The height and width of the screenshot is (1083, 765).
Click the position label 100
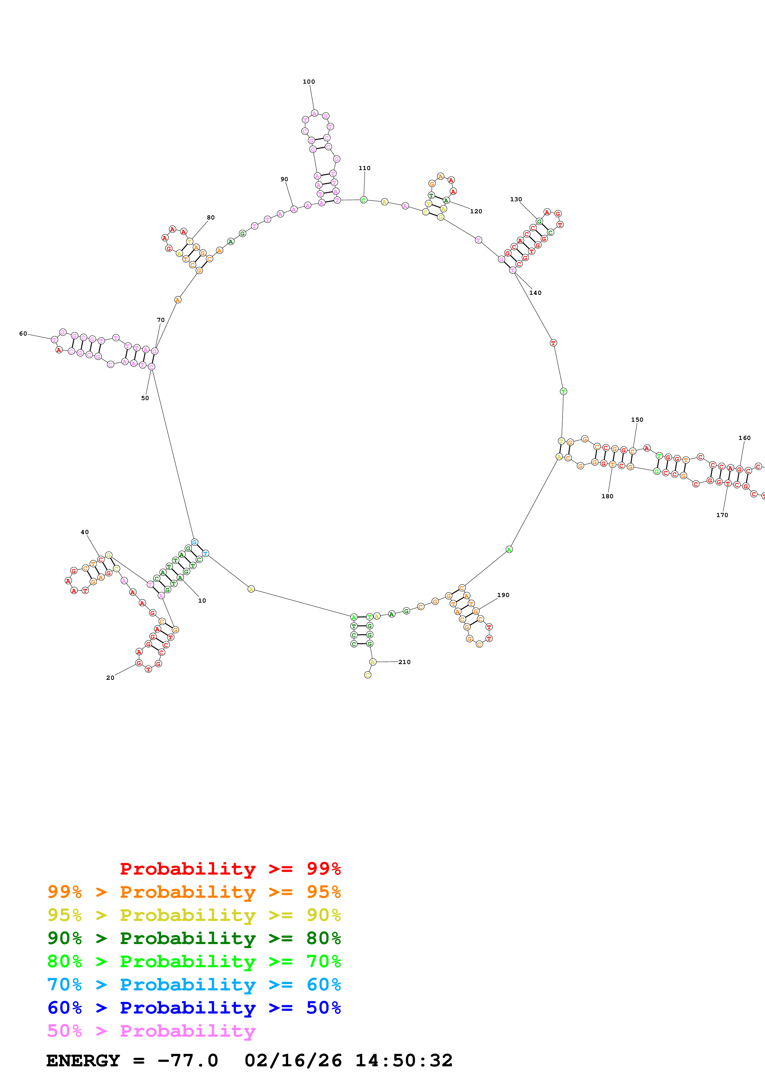309,82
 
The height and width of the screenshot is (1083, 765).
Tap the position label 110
364,168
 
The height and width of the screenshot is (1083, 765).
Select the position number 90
284,179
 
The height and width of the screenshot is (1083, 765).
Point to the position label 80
211,217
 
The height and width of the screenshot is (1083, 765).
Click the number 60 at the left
23,333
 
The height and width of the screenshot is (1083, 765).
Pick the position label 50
145,398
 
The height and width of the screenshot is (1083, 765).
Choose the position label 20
110,678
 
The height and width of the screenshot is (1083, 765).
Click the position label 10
202,600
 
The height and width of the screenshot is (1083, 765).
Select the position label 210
405,662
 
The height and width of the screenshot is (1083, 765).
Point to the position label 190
503,595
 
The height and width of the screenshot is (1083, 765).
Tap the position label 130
516,199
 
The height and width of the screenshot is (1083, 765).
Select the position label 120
476,211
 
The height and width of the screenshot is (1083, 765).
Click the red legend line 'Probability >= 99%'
230,868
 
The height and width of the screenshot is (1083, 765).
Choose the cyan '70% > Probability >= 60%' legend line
194,985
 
